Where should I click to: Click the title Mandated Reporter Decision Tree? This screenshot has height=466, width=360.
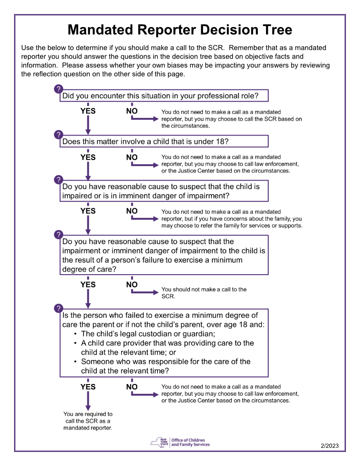pyautogui.click(x=180, y=30)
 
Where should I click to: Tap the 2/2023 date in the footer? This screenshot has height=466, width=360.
pyautogui.click(x=329, y=446)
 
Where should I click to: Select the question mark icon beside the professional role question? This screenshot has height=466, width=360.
pyautogui.click(x=58, y=89)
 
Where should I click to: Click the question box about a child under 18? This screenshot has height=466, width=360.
pyautogui.click(x=164, y=141)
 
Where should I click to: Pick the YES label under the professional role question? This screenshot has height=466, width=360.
pyautogui.click(x=88, y=111)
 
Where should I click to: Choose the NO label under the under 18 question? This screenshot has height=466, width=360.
pyautogui.click(x=132, y=157)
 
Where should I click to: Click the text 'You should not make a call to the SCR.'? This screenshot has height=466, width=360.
pyautogui.click(x=203, y=293)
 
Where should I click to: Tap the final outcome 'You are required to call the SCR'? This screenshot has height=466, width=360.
pyautogui.click(x=88, y=421)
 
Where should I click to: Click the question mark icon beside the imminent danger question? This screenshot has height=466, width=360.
pyautogui.click(x=58, y=180)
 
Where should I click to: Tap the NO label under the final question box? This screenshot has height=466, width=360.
pyautogui.click(x=132, y=386)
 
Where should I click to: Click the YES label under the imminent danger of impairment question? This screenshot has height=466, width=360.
pyautogui.click(x=88, y=211)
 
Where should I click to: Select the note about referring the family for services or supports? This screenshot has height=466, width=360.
pyautogui.click(x=231, y=218)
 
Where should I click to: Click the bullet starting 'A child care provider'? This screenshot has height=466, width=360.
pyautogui.click(x=166, y=348)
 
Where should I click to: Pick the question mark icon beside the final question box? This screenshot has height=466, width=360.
pyautogui.click(x=58, y=308)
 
